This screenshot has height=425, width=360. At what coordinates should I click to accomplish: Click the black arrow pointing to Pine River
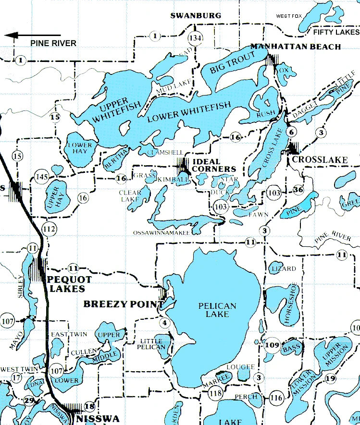point(32,35)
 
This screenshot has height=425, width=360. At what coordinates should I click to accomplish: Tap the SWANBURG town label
point(196,16)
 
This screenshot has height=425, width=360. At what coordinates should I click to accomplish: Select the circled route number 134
point(195,38)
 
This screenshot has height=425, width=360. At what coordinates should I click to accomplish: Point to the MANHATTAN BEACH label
point(296,47)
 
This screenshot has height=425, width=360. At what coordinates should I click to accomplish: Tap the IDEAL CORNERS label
point(214,165)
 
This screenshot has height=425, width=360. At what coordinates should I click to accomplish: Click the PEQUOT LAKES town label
point(66,284)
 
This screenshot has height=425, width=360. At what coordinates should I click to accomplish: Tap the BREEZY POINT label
point(123,304)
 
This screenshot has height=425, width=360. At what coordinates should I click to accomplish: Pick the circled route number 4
point(165,322)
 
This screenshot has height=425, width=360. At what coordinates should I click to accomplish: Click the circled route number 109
point(272,345)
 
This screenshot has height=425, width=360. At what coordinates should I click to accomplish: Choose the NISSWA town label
point(97,418)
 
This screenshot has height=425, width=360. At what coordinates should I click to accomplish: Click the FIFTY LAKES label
point(336,32)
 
